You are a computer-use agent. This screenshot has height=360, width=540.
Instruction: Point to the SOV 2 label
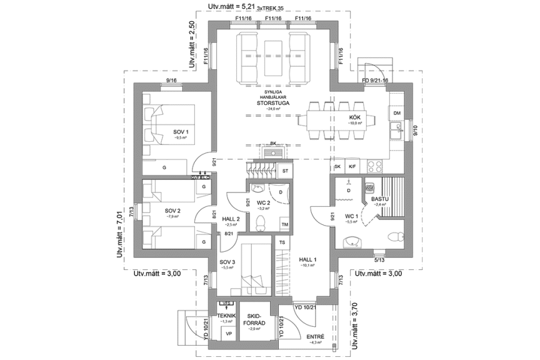172,211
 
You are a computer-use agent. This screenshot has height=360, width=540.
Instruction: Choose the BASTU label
380,199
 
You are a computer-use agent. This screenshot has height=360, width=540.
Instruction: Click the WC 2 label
262,204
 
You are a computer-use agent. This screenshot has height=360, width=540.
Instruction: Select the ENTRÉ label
315,336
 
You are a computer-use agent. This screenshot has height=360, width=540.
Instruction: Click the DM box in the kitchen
397,112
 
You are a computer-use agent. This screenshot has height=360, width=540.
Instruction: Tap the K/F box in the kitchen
352,167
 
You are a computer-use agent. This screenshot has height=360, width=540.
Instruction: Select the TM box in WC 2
284,224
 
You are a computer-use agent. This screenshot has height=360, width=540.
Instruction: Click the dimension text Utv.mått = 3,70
356,324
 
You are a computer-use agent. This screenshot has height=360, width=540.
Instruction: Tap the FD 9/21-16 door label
375,80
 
